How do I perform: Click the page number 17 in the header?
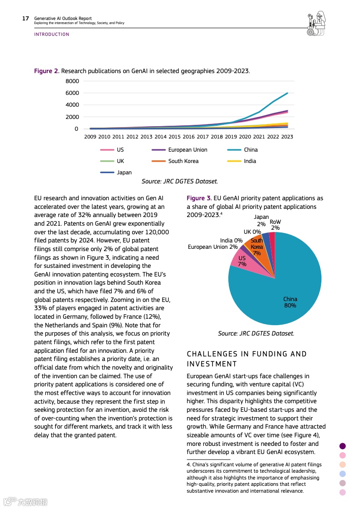pos(25,19)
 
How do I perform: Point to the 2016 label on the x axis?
pos(189,136)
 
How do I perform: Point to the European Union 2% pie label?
pos(213,247)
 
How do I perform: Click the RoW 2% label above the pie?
pos(275,225)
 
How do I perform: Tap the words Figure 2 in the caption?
pos(47,71)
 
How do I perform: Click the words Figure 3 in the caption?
pos(199,198)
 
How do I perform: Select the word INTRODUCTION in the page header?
pos(52,35)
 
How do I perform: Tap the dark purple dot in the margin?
pos(343,446)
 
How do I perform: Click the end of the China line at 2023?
pos(287,93)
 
